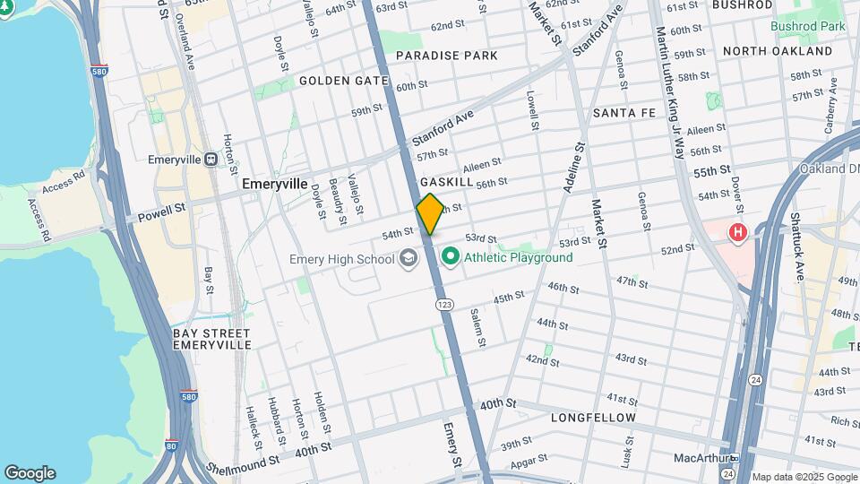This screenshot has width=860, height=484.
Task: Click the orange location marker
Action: [430, 214]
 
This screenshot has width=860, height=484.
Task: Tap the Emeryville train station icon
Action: [211, 160]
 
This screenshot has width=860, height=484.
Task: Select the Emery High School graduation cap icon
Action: [408, 259]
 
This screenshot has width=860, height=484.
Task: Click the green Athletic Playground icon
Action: [451, 258]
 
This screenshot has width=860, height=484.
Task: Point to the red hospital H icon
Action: [738, 234]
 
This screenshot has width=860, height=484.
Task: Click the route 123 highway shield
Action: [444, 305]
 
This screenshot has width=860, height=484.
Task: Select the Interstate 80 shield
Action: [171, 444]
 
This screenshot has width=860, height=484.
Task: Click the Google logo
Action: [30, 473]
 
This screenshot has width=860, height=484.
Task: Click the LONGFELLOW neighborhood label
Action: [593, 418]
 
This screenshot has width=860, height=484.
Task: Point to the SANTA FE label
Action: [624, 114]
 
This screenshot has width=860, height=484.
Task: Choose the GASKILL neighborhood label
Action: [446, 182]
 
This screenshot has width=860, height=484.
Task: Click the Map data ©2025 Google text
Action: [804, 477]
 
